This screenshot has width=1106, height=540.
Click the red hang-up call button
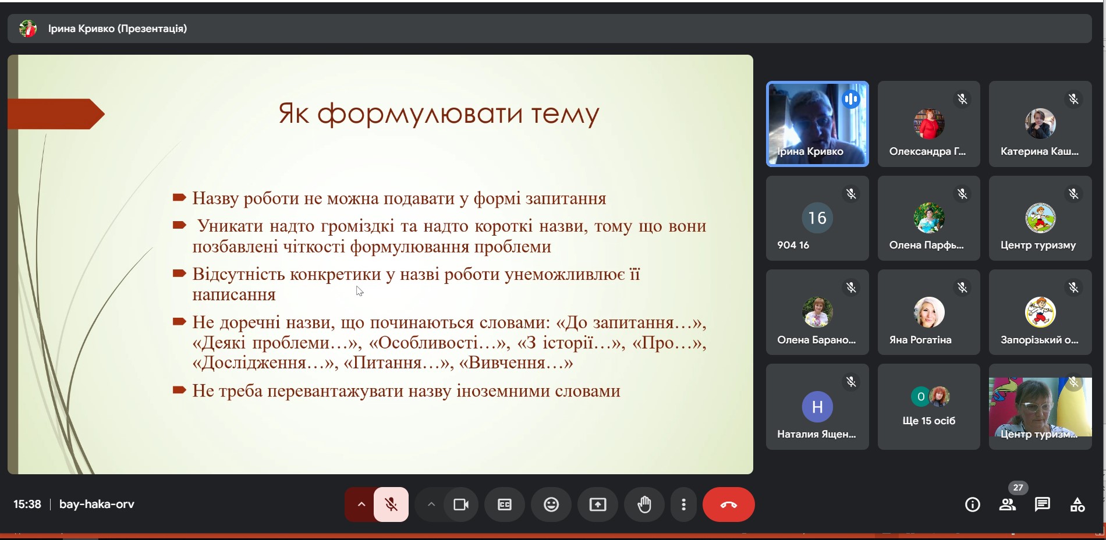click(728, 505)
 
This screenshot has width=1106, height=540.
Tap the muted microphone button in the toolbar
click(391, 505)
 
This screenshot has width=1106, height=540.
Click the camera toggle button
click(461, 505)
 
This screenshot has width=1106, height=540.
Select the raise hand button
click(644, 505)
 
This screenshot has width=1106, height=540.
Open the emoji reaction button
click(551, 505)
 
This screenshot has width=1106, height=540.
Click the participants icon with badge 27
click(1008, 505)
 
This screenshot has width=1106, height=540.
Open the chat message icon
click(1043, 505)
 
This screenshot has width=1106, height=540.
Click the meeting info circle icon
click(973, 505)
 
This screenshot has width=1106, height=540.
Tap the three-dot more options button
click(683, 505)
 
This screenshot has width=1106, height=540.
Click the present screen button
click(598, 505)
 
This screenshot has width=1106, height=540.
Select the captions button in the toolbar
click(505, 505)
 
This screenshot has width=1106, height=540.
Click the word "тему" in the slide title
click(565, 114)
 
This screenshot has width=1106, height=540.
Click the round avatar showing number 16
click(817, 218)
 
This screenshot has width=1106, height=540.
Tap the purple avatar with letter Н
click(817, 407)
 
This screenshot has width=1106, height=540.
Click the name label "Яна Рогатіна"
click(920, 340)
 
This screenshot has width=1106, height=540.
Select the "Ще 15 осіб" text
click(929, 421)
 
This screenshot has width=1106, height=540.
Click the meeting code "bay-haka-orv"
click(97, 505)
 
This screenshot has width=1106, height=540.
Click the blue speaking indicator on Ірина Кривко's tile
click(851, 100)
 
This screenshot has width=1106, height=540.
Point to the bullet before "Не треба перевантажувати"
click(179, 390)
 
